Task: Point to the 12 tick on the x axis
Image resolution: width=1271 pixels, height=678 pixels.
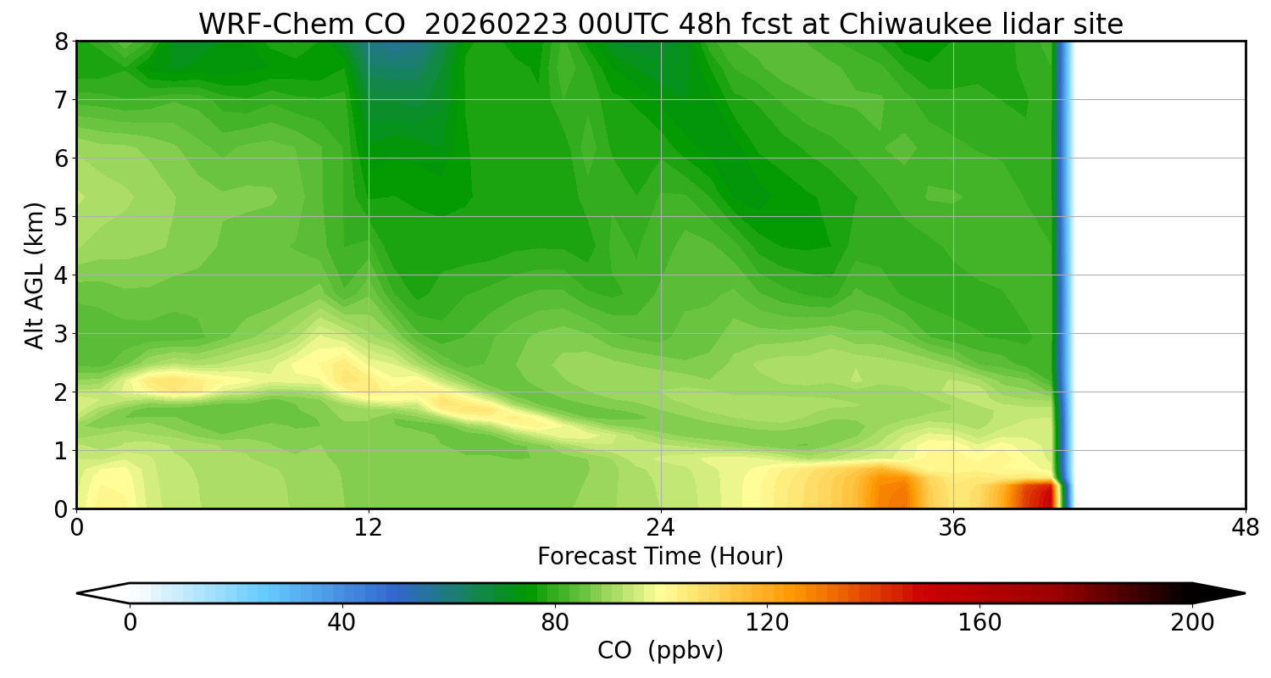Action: [x=369, y=529]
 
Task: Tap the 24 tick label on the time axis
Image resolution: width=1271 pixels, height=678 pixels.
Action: [x=661, y=529]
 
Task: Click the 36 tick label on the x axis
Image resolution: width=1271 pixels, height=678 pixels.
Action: [x=953, y=529]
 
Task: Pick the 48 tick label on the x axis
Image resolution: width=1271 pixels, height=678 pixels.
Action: [x=1245, y=529]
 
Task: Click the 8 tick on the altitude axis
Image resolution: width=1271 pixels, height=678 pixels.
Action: [x=60, y=42]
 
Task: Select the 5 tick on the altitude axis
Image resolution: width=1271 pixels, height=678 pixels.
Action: [x=60, y=217]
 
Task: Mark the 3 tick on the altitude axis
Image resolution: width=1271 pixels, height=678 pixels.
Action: [x=60, y=334]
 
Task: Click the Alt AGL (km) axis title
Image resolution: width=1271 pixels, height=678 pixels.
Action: [x=35, y=275]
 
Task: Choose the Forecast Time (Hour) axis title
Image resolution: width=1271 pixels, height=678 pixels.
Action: [x=660, y=557]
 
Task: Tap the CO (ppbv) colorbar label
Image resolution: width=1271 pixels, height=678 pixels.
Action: [x=660, y=651]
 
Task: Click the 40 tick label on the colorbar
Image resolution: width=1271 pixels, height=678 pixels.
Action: [x=341, y=623]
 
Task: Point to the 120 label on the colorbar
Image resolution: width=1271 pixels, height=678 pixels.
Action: [x=767, y=623]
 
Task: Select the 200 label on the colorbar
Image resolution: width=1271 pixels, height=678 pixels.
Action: [x=1192, y=623]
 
